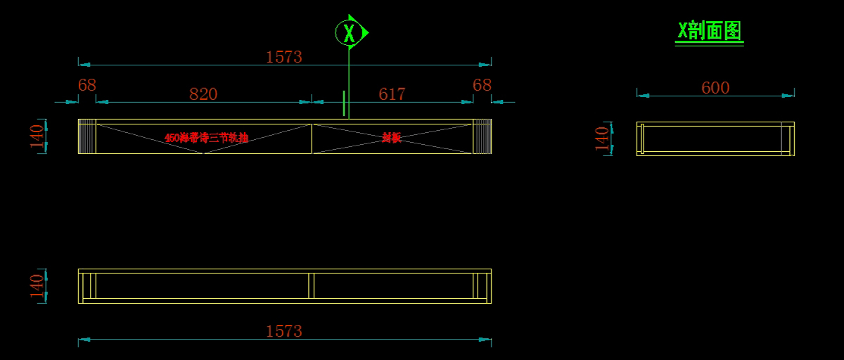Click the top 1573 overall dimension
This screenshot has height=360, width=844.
[x=283, y=57]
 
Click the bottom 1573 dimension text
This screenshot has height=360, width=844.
[x=283, y=331]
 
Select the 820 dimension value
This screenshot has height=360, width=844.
[x=203, y=94]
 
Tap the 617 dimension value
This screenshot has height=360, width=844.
[x=392, y=94]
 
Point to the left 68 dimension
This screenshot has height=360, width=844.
[x=87, y=85]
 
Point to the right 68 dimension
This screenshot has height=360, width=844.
[x=482, y=85]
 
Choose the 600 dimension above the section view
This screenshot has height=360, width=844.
[x=715, y=88]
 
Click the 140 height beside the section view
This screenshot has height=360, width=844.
[x=602, y=138]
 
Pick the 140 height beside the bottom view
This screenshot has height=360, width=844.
[x=37, y=286]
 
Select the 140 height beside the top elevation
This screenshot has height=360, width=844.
[x=37, y=136]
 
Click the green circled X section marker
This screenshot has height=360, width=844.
[x=350, y=32]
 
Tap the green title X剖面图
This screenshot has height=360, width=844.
[x=709, y=31]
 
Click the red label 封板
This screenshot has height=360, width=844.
[x=392, y=138]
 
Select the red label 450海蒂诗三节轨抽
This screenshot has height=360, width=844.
[x=206, y=138]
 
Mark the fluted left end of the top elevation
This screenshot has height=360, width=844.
[x=87, y=136]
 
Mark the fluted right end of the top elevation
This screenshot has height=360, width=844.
[x=482, y=136]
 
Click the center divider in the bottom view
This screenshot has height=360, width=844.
[x=311, y=286]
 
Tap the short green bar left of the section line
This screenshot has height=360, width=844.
[x=344, y=103]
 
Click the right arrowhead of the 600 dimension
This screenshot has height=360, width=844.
[x=789, y=96]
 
